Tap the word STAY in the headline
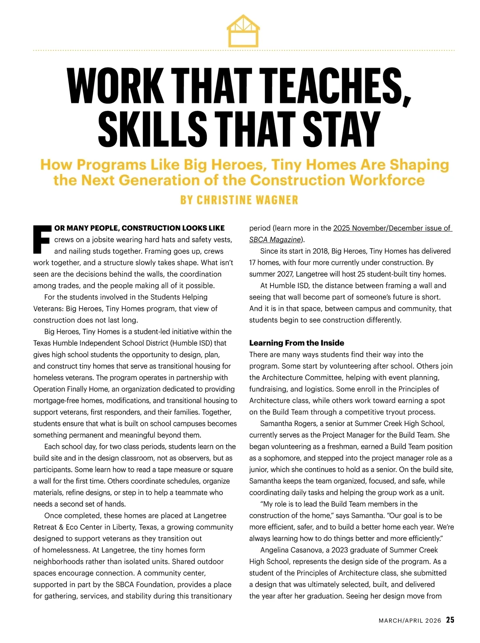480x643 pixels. pyautogui.click(x=341, y=129)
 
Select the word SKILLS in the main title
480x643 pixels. pyautogui.click(x=152, y=129)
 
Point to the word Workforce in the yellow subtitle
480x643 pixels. pyautogui.click(x=387, y=180)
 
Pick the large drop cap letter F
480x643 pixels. pyautogui.click(x=42, y=239)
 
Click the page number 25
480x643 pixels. pyautogui.click(x=450, y=620)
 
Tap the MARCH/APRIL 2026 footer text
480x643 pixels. pyautogui.click(x=410, y=621)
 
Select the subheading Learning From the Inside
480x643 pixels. pyautogui.click(x=296, y=343)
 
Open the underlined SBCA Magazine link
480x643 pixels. pyautogui.click(x=275, y=239)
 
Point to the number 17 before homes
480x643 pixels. pyautogui.click(x=252, y=263)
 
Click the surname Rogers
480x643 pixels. pyautogui.click(x=305, y=424)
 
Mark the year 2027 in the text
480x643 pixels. pyautogui.click(x=290, y=274)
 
